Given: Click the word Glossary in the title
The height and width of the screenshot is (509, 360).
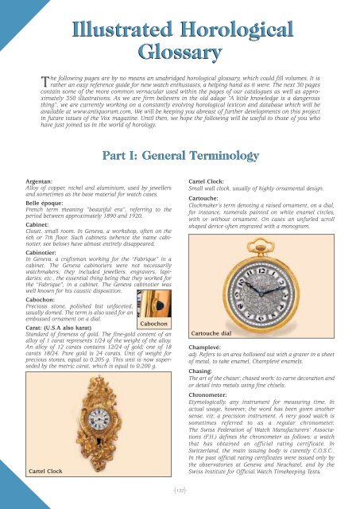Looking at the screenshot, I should click(x=180, y=53).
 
